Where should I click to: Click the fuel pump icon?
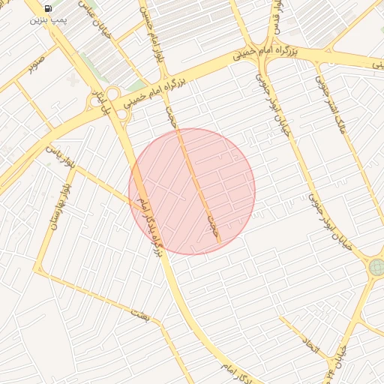pyautogui.click(x=48, y=8)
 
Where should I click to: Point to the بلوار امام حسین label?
pyautogui.click(x=150, y=34)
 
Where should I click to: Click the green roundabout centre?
pyautogui.click(x=376, y=267)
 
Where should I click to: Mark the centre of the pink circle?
pyautogui.click(x=192, y=191)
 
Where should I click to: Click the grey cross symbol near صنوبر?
pyautogui.click(x=72, y=78)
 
